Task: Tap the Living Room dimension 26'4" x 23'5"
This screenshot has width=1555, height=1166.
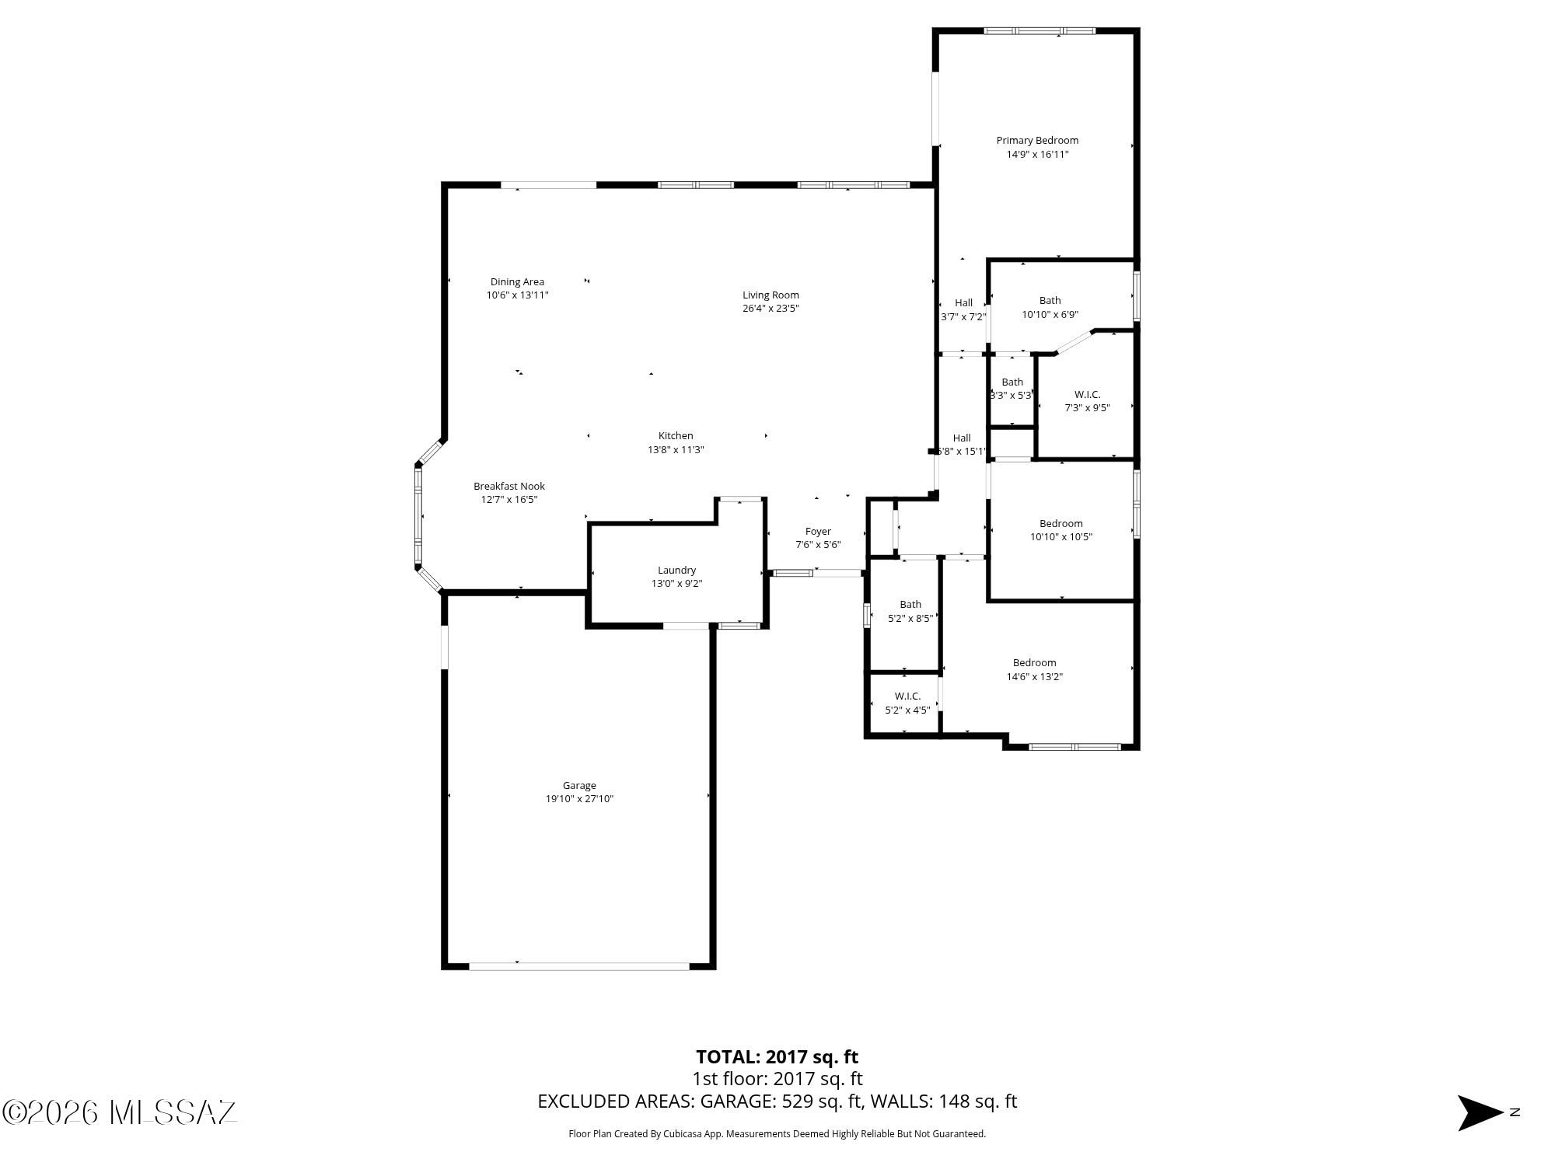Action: point(771,309)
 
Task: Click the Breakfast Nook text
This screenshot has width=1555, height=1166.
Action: point(509,487)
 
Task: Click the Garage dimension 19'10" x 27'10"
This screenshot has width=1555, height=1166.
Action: point(579,799)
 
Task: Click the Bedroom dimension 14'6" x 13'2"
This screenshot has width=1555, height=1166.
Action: point(1034,677)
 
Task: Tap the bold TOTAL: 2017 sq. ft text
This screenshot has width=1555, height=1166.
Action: point(777,1057)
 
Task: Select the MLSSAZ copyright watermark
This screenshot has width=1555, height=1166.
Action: point(120,1112)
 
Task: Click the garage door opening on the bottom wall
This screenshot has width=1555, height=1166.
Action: point(579,966)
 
